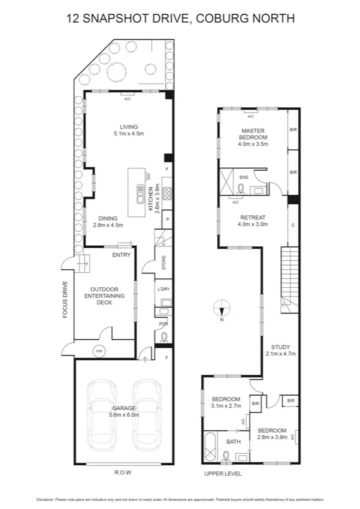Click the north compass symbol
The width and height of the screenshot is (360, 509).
[x=222, y=309]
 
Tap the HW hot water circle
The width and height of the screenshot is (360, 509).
[x=97, y=350]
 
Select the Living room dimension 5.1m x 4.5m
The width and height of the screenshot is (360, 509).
[x=129, y=134]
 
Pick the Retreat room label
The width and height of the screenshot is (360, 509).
[x=253, y=217]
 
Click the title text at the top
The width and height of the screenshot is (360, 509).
[x=180, y=19]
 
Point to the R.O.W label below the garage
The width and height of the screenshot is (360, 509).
[x=122, y=472]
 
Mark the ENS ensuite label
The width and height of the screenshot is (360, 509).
[x=244, y=177]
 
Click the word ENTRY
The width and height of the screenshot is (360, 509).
[x=121, y=255]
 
